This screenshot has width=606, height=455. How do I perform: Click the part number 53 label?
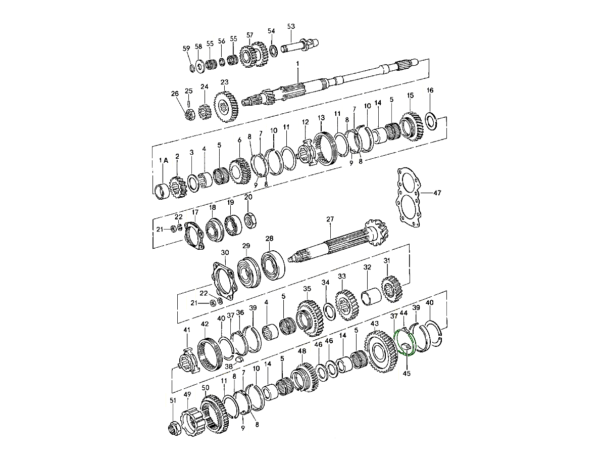[x=291, y=26]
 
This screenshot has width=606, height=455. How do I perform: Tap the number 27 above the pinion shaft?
[x=330, y=219]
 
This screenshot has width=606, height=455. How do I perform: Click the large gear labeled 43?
[x=381, y=351]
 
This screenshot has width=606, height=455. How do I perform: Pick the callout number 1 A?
[x=164, y=160]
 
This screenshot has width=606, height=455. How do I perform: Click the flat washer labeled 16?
[x=430, y=120]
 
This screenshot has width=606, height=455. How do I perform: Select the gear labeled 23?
[x=226, y=107]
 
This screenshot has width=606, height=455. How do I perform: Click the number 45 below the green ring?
[x=407, y=374]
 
